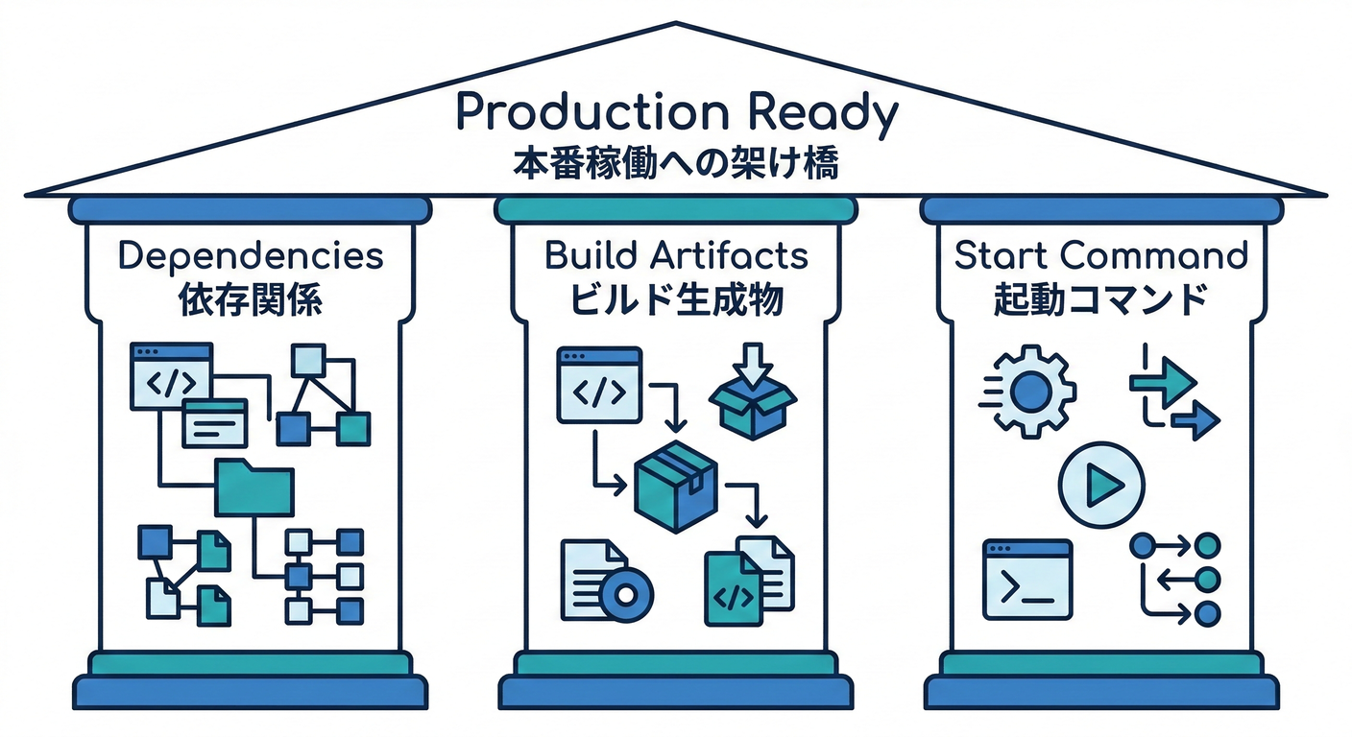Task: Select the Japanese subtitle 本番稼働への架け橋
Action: point(676,162)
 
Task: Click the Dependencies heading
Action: point(250,256)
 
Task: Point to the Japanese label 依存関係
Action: point(250,300)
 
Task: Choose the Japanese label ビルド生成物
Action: point(676,300)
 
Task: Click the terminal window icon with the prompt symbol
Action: point(1027,580)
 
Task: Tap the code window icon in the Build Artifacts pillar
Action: point(599,384)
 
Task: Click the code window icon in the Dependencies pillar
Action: point(170,377)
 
